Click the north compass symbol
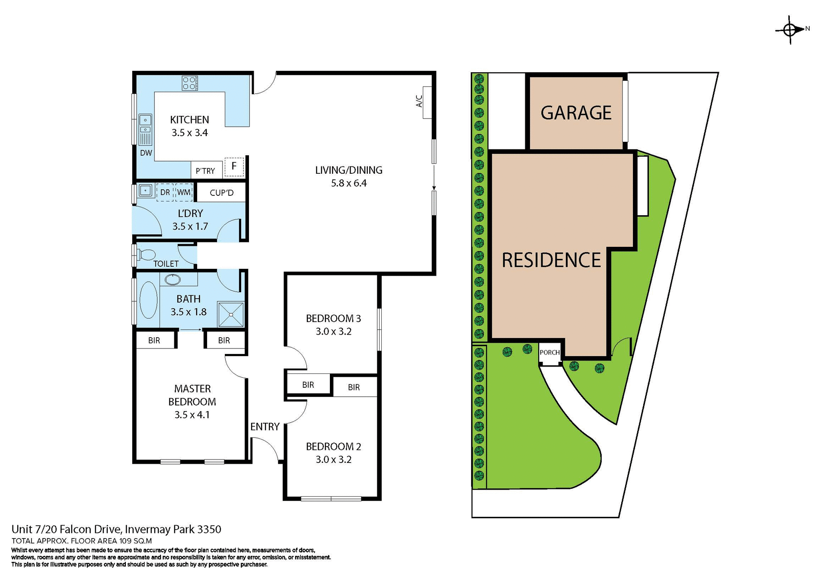[x=791, y=30]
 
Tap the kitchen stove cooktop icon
[x=190, y=83]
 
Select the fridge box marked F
[x=234, y=166]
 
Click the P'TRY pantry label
[x=205, y=171]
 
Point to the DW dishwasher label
[x=146, y=153]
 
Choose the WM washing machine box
[x=184, y=192]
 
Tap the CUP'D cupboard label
[x=221, y=193]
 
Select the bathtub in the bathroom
[x=148, y=300]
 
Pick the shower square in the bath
[x=231, y=314]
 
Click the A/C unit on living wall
[x=427, y=102]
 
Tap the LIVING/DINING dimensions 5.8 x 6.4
[x=349, y=183]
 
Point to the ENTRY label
[x=265, y=427]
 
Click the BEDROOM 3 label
[x=333, y=319]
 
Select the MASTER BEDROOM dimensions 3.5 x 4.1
[x=192, y=415]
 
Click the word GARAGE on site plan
[x=576, y=113]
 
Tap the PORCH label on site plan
[x=549, y=353]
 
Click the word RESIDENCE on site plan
[x=551, y=260]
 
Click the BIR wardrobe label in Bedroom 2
[x=354, y=388]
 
